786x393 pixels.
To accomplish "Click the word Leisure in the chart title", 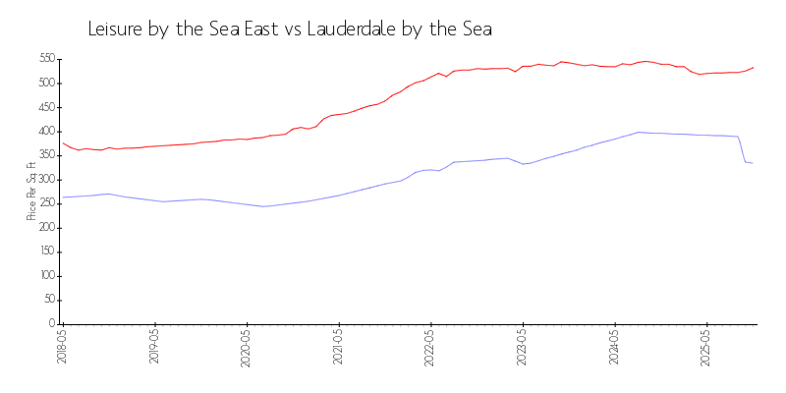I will point(115,29).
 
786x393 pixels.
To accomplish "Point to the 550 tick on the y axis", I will point(46,59).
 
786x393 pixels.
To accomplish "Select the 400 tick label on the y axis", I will point(46,132).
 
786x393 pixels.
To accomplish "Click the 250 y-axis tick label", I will point(46,203).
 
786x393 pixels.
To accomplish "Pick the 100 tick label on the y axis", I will point(46,276).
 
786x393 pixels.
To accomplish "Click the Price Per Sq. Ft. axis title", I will point(31,192).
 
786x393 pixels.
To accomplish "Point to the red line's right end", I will point(754,67).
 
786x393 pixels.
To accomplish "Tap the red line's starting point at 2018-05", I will point(63,143).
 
